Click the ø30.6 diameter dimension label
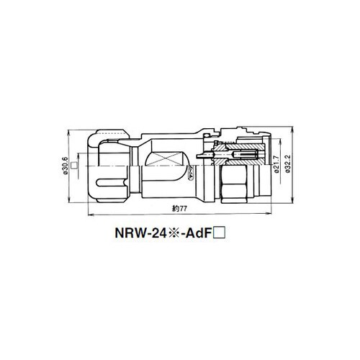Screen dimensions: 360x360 point(66,166)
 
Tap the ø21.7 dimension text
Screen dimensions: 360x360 point(276,164)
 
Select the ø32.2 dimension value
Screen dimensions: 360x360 point(288,163)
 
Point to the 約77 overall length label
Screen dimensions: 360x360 point(179,209)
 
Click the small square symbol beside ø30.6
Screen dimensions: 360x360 point(74,166)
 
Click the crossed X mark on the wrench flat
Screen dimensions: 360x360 point(166,159)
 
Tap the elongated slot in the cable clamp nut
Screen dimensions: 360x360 point(112,182)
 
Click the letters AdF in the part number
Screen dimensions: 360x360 point(197,233)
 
